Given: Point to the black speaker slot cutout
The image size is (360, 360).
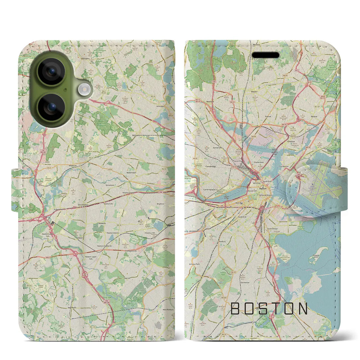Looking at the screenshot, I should pyautogui.click(x=265, y=55).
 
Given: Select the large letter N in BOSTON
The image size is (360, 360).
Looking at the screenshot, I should pyautogui.click(x=303, y=309).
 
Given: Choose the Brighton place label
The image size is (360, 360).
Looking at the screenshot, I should pyautogui.click(x=160, y=204).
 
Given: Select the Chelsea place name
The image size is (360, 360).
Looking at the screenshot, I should pyautogui.click(x=290, y=142).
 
